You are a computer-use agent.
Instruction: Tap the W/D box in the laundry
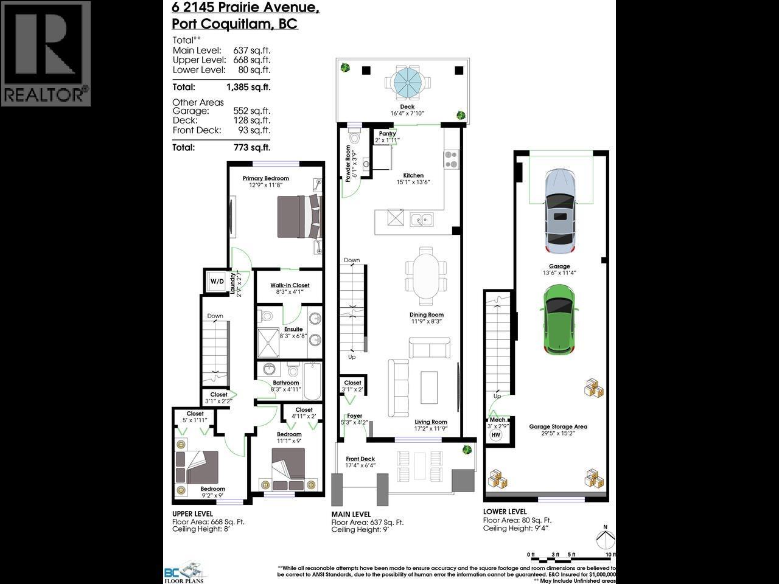pos(217,281)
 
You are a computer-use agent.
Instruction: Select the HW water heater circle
pos(496,435)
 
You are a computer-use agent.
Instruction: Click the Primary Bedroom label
pos(265,178)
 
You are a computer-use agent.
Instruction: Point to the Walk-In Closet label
pos(290,285)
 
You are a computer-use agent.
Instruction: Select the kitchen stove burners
pos(450,159)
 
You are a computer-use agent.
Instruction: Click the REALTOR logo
pos(46,54)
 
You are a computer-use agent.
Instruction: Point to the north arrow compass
pos(604,540)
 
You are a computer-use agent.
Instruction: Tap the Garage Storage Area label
pos(557,426)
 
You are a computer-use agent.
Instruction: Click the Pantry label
pos(387,133)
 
